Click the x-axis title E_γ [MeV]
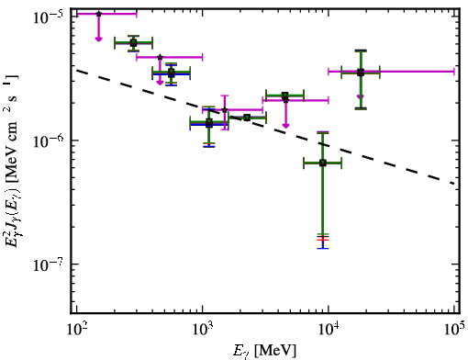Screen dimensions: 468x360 pyautogui.click(x=264, y=351)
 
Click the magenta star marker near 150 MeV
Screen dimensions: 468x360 pyautogui.click(x=98, y=14)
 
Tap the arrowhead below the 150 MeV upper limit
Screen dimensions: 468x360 pyautogui.click(x=98, y=39)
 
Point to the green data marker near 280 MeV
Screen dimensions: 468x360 pyautogui.click(x=133, y=42)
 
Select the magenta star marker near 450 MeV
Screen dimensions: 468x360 pyautogui.click(x=160, y=57)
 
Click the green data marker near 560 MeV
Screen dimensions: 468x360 pyautogui.click(x=172, y=73)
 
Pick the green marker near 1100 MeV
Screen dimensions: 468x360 pyautogui.click(x=209, y=123)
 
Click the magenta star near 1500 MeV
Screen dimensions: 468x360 pyautogui.click(x=225, y=110)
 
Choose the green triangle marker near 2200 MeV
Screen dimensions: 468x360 pyautogui.click(x=247, y=118)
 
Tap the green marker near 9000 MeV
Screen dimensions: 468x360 pyautogui.click(x=323, y=163)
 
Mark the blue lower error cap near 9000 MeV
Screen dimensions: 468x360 pyautogui.click(x=323, y=248)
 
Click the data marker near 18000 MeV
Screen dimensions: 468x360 pyautogui.click(x=361, y=73)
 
